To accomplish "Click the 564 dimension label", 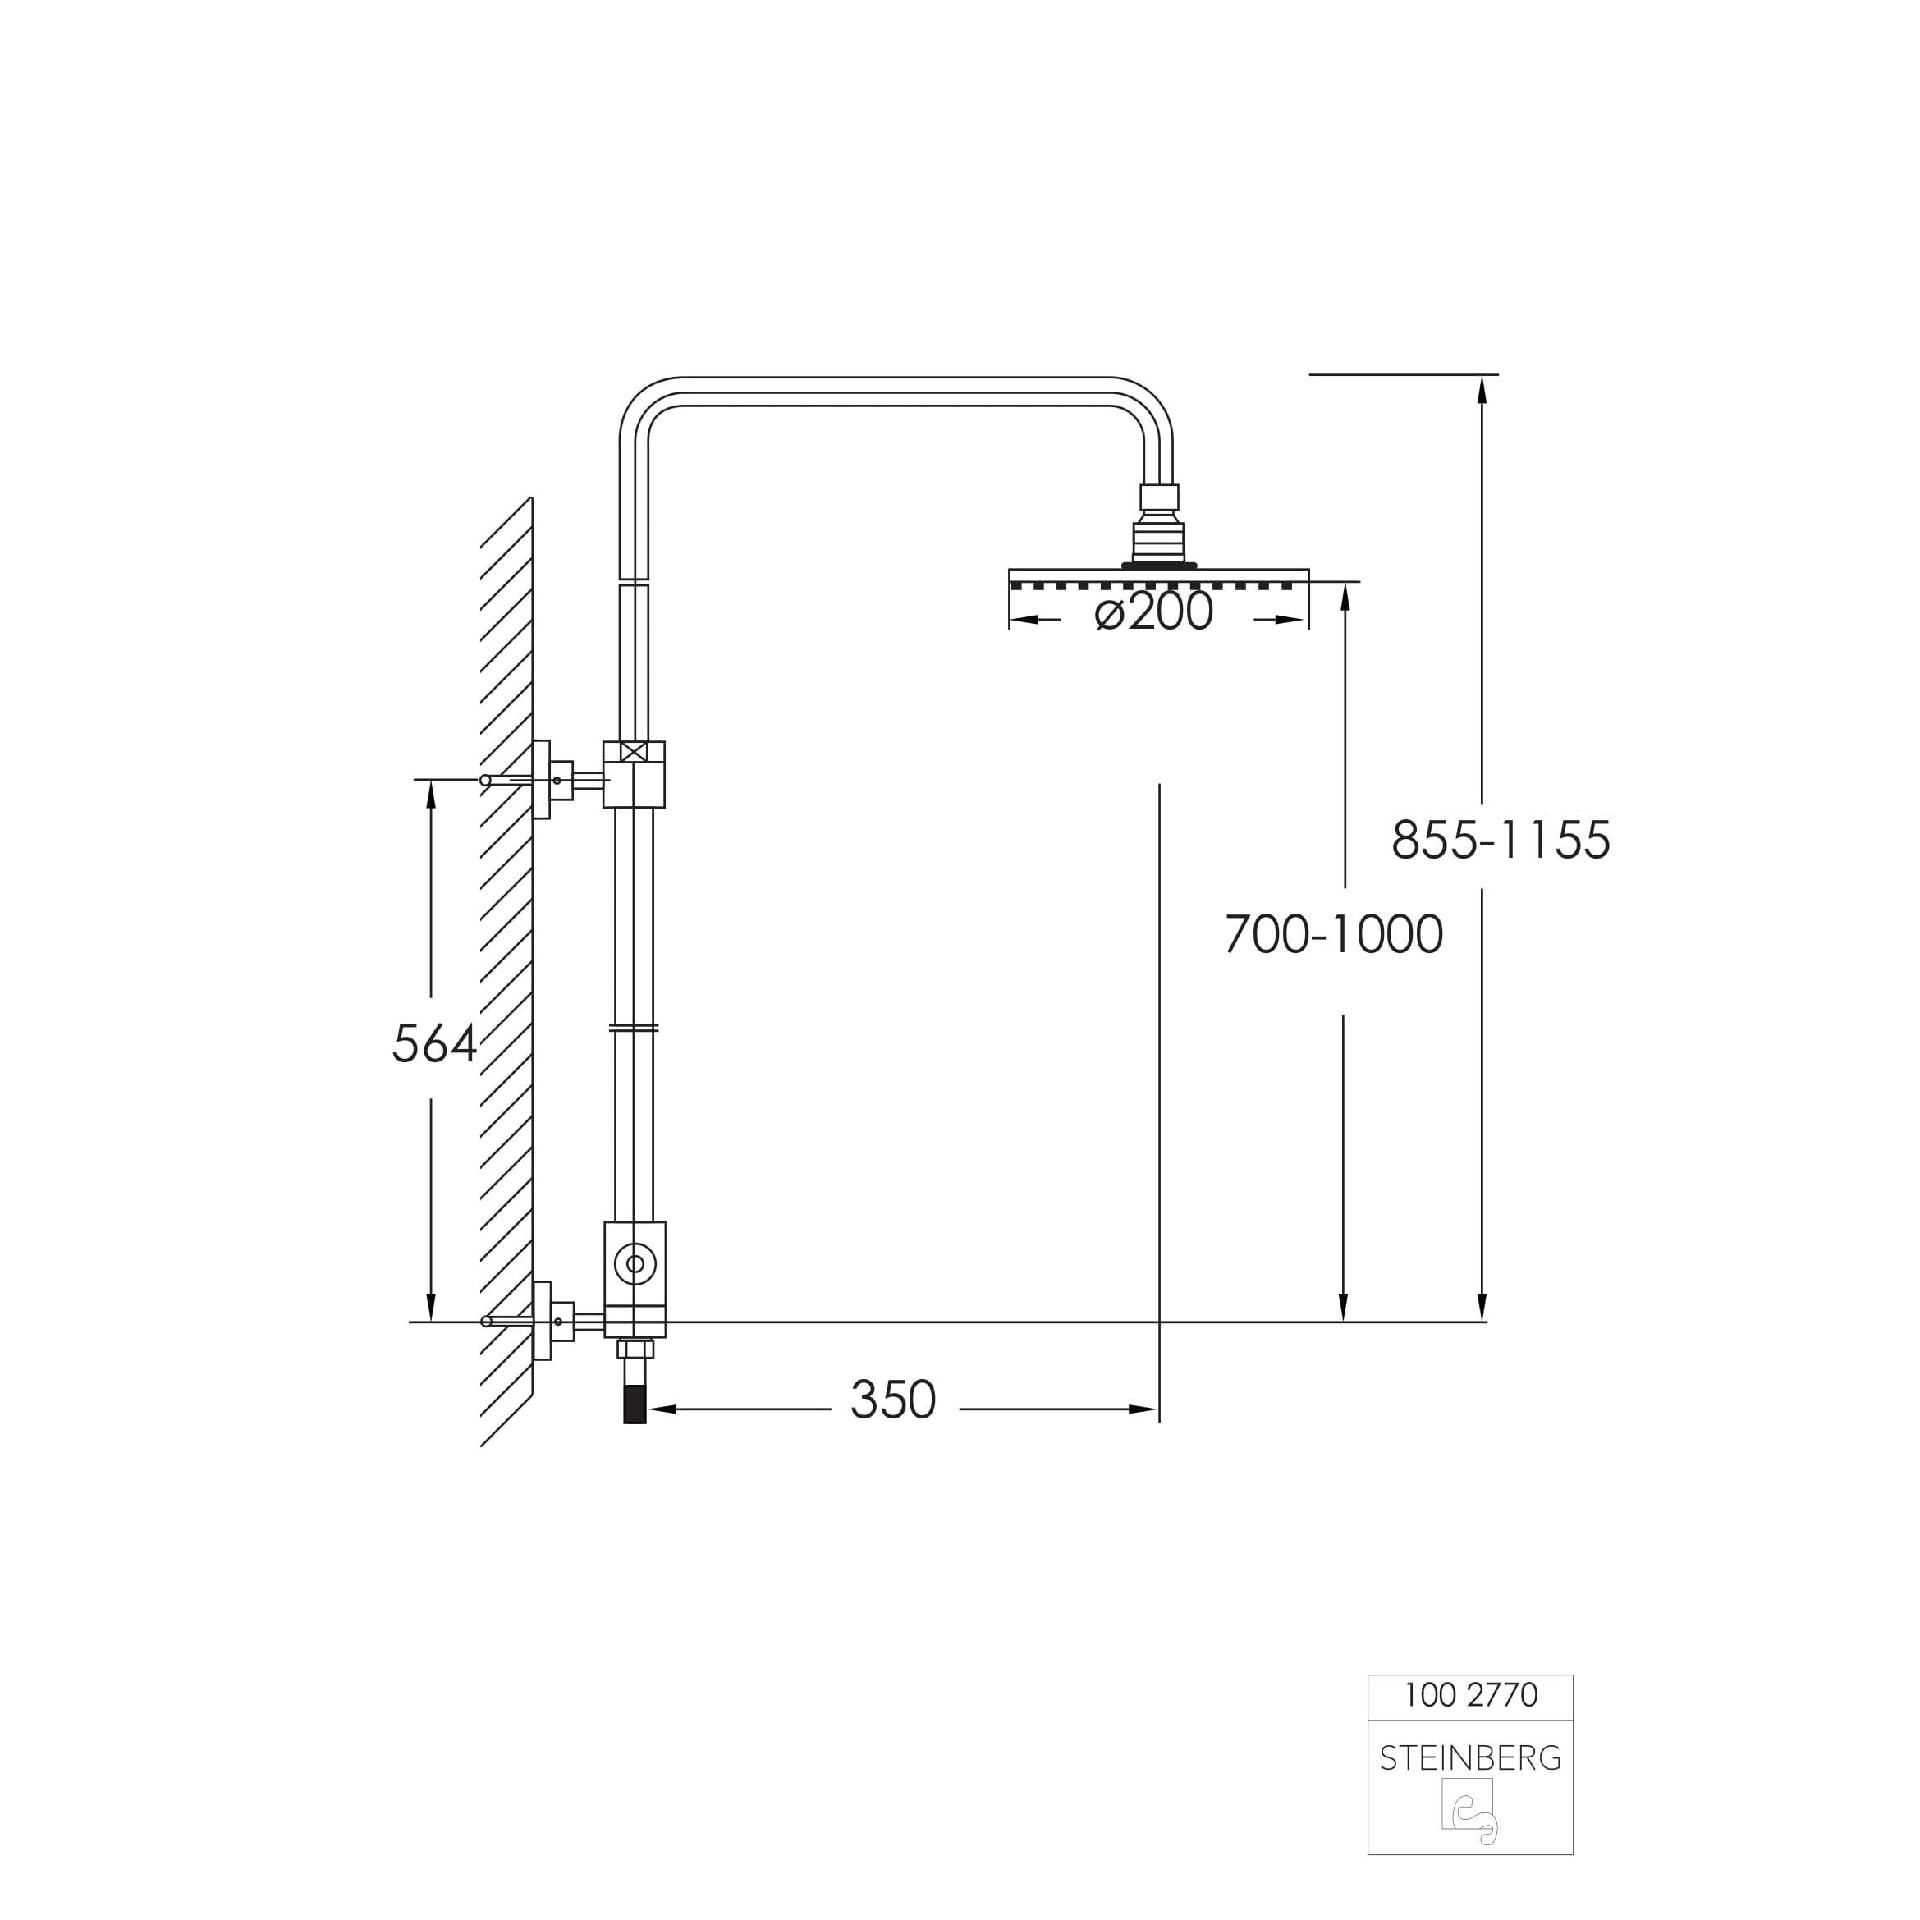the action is (x=435, y=1044).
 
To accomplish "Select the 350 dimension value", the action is (x=893, y=1400).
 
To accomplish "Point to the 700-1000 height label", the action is (x=1334, y=934).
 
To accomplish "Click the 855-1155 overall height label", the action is (x=1501, y=840).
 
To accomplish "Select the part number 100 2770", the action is (x=1470, y=1694).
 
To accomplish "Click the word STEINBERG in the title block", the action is (x=1470, y=1759).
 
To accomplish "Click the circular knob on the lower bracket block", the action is (x=635, y=1264).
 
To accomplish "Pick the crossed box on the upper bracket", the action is (x=634, y=751).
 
